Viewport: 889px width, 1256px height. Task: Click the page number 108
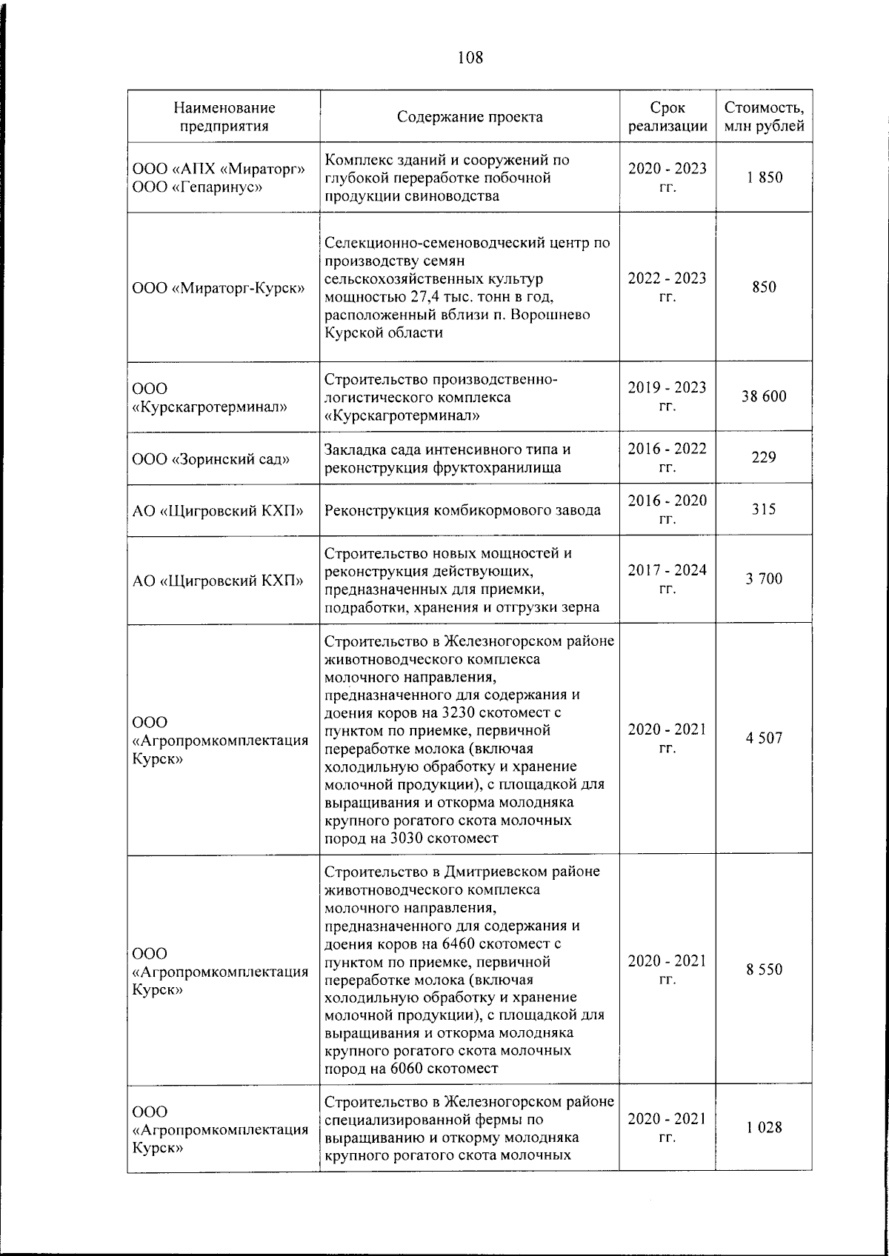pos(470,56)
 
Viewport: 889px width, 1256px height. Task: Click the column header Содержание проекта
pos(470,117)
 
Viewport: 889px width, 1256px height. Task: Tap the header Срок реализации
pos(667,117)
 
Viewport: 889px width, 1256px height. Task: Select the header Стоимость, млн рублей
pos(764,117)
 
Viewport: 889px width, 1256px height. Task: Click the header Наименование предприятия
pos(224,117)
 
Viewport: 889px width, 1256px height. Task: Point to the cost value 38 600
pos(764,396)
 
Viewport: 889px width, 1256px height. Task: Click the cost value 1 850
pos(764,178)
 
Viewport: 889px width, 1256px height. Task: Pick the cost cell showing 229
pos(764,458)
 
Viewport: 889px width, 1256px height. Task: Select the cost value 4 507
pos(764,738)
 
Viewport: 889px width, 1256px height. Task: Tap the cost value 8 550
pos(764,969)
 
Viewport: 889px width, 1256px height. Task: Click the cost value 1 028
pos(764,1128)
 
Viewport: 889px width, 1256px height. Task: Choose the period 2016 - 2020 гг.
pos(667,510)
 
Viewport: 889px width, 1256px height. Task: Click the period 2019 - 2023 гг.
pos(667,396)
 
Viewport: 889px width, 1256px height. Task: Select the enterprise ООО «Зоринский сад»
pos(211,459)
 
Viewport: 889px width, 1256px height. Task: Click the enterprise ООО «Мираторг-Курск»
pos(219,288)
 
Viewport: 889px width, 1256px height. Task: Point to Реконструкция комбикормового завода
pos(463,510)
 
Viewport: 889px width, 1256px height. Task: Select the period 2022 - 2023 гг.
pos(667,287)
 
